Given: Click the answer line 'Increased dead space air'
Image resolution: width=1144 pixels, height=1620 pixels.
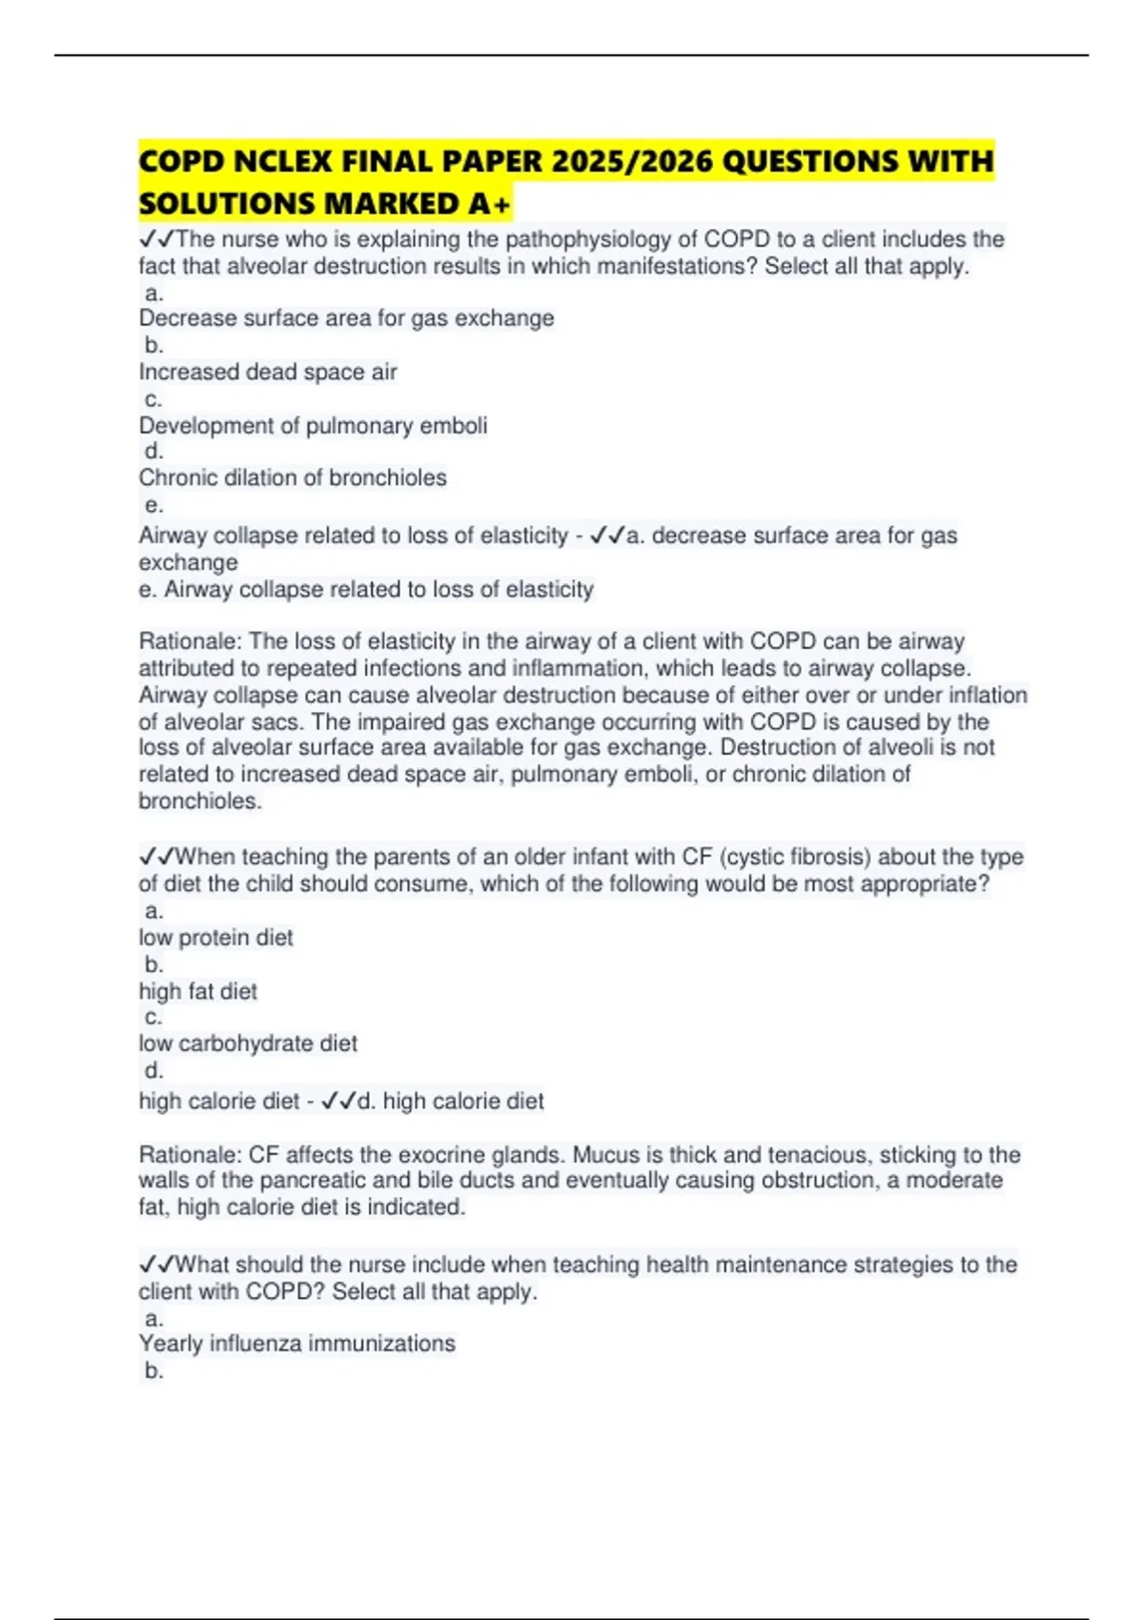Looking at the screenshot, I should coord(268,372).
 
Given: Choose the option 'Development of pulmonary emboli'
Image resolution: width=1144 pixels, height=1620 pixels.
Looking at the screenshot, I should coord(313,425).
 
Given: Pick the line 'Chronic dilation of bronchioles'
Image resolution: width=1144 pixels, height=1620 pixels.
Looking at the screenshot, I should coord(293,477).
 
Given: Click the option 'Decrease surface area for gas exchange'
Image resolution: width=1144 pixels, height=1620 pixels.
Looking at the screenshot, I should coord(346,318).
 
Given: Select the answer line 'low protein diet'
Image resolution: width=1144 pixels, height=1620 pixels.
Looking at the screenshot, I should coord(215,938).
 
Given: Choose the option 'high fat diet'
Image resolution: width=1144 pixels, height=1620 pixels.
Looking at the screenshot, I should coord(198,991).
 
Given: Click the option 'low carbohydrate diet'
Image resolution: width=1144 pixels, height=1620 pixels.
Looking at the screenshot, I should coord(248,1043).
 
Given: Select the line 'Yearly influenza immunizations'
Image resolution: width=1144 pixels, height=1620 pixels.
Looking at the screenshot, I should coord(297,1344).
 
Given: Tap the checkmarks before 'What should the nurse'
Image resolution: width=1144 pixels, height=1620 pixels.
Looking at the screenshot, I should coord(157,1265).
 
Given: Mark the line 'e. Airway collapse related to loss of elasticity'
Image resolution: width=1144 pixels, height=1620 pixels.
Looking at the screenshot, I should coord(366,590).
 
